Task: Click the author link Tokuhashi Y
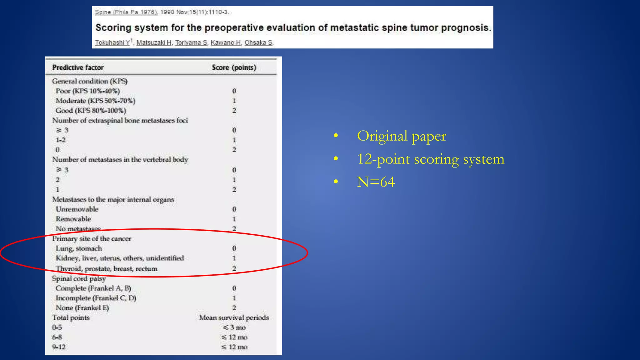112,42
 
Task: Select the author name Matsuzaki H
154,42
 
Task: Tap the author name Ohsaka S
258,42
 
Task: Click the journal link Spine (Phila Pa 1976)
126,12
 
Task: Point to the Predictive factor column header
78,67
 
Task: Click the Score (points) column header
234,67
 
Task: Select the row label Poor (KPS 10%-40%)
87,91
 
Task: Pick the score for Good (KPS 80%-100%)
234,111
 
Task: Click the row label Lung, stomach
79,248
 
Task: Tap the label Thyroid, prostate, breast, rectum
107,269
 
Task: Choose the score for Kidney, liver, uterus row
234,258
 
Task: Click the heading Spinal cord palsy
79,278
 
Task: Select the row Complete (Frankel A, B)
93,288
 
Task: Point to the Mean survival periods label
234,317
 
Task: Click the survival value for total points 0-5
234,327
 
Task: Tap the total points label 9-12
59,347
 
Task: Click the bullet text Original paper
402,136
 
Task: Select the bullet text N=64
376,182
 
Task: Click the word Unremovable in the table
77,209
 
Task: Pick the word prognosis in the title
466,28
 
